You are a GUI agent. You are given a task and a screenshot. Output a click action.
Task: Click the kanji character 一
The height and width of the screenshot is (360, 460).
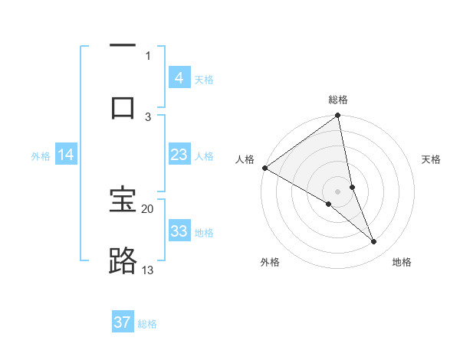point(123,47)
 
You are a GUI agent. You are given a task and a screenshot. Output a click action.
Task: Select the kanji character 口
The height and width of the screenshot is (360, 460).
point(123,107)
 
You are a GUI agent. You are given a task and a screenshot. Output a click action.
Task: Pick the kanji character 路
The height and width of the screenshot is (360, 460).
point(123,261)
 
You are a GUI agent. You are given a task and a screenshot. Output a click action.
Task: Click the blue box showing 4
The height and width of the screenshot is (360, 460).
point(179,78)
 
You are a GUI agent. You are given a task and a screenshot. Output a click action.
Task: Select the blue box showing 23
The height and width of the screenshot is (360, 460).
point(179,155)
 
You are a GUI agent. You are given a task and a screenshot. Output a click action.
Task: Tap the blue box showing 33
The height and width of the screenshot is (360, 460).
point(179,231)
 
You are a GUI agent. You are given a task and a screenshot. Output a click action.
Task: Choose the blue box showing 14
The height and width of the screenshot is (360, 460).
point(66,155)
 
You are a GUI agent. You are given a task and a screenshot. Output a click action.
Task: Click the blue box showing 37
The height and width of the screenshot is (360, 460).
point(123,322)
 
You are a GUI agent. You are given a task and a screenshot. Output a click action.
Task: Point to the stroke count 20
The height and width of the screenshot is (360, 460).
point(148,208)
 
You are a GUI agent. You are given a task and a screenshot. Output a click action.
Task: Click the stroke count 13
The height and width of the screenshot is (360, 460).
point(148,270)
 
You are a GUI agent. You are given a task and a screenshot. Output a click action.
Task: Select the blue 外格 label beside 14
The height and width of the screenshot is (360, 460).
point(41,155)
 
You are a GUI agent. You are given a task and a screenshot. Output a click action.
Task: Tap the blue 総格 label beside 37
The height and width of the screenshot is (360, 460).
point(147,324)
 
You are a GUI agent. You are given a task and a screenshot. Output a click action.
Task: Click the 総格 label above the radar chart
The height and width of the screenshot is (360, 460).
point(338,100)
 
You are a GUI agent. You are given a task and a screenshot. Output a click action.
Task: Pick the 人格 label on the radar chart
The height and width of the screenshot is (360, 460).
point(245,159)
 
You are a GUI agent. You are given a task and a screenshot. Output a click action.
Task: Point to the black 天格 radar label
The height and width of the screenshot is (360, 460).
point(432,159)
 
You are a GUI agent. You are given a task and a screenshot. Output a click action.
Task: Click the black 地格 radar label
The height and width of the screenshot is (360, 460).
point(402,262)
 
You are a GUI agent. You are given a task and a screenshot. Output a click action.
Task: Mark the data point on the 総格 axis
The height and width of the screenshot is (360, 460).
point(338,116)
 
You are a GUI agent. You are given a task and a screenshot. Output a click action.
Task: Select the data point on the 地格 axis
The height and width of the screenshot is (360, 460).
point(374,242)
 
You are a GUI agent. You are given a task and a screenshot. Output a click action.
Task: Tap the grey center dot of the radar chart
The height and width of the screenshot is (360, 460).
point(338,191)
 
